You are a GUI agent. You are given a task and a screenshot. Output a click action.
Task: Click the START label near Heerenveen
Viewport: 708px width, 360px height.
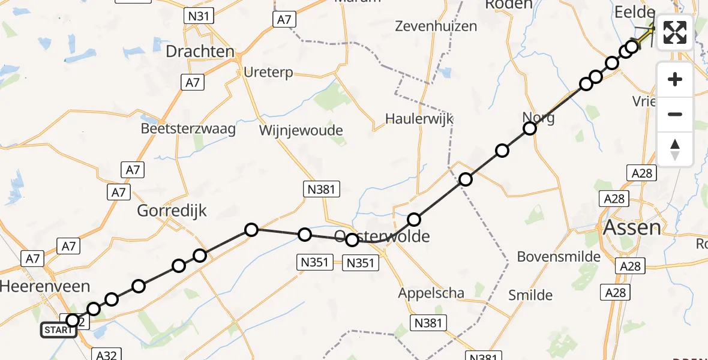(x=58, y=330)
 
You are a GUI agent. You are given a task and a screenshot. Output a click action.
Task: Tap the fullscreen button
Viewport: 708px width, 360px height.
(x=675, y=32)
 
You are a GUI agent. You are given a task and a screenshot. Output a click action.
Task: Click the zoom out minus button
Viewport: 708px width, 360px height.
(x=675, y=114)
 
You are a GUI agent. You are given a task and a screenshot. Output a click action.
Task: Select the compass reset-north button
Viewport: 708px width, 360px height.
(x=675, y=149)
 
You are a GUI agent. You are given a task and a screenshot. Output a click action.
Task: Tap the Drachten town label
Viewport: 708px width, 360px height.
(x=200, y=52)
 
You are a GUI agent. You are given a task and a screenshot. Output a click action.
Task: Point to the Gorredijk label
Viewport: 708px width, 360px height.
(x=172, y=211)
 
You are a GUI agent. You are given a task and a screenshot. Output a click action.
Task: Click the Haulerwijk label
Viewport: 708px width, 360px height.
(x=419, y=119)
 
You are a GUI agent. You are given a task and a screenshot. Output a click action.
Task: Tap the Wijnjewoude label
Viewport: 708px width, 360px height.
(x=301, y=130)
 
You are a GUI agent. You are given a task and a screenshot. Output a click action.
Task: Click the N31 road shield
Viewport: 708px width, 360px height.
(x=198, y=16)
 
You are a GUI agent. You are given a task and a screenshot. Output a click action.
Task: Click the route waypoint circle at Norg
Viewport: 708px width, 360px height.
(x=530, y=128)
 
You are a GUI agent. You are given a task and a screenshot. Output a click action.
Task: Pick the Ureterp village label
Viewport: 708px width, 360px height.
(x=268, y=73)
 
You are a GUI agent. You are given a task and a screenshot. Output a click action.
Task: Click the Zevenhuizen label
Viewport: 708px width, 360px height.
(x=436, y=26)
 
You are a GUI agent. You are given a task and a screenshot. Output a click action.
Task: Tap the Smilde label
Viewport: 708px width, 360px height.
(x=530, y=295)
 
